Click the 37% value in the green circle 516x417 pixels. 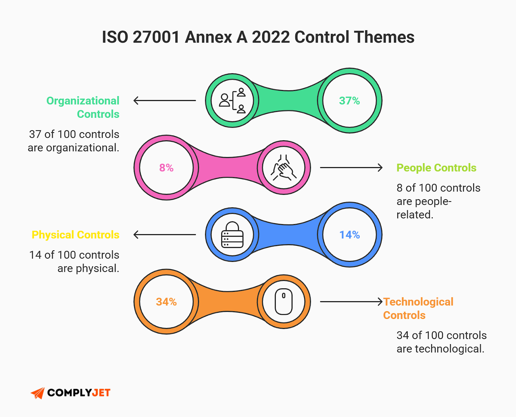(x=349, y=101)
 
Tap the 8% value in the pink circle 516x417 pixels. (x=166, y=168)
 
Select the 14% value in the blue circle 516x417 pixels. (x=349, y=235)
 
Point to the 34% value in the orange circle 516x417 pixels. (x=166, y=302)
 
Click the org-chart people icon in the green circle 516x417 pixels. (x=232, y=101)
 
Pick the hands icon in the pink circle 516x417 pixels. (x=283, y=168)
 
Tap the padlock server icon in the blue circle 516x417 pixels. (x=232, y=235)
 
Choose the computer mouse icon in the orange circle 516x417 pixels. (x=283, y=302)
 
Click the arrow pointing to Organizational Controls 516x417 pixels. (x=164, y=101)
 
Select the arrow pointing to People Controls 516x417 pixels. (x=351, y=168)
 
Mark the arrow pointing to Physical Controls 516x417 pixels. (x=164, y=235)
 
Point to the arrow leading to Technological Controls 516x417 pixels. (x=351, y=302)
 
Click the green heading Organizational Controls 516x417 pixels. (x=83, y=107)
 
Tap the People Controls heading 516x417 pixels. (x=436, y=168)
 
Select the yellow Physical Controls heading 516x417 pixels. (x=75, y=235)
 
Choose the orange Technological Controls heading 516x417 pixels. (x=418, y=308)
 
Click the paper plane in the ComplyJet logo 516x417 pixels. (x=38, y=393)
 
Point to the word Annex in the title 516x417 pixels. (x=208, y=37)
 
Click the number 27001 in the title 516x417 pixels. (x=156, y=37)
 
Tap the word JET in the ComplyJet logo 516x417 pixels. (x=101, y=393)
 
